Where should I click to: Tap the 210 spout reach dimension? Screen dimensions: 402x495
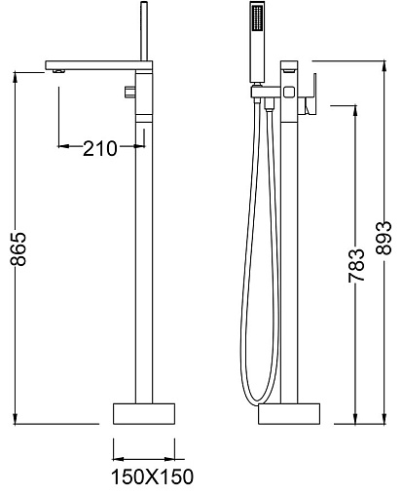pos(99,149)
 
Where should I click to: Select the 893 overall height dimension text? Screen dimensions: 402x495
pos(384,238)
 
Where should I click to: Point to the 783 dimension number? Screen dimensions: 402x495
pos(356,265)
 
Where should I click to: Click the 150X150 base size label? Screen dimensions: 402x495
pos(152,476)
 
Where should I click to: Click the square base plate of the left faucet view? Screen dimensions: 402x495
pos(144,413)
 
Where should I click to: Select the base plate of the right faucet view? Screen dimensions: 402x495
pos(289,414)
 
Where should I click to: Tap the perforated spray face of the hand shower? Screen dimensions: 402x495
pos(258,19)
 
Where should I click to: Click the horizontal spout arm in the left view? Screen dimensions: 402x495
pos(98,65)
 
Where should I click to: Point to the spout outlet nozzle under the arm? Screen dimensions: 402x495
pos(59,71)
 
